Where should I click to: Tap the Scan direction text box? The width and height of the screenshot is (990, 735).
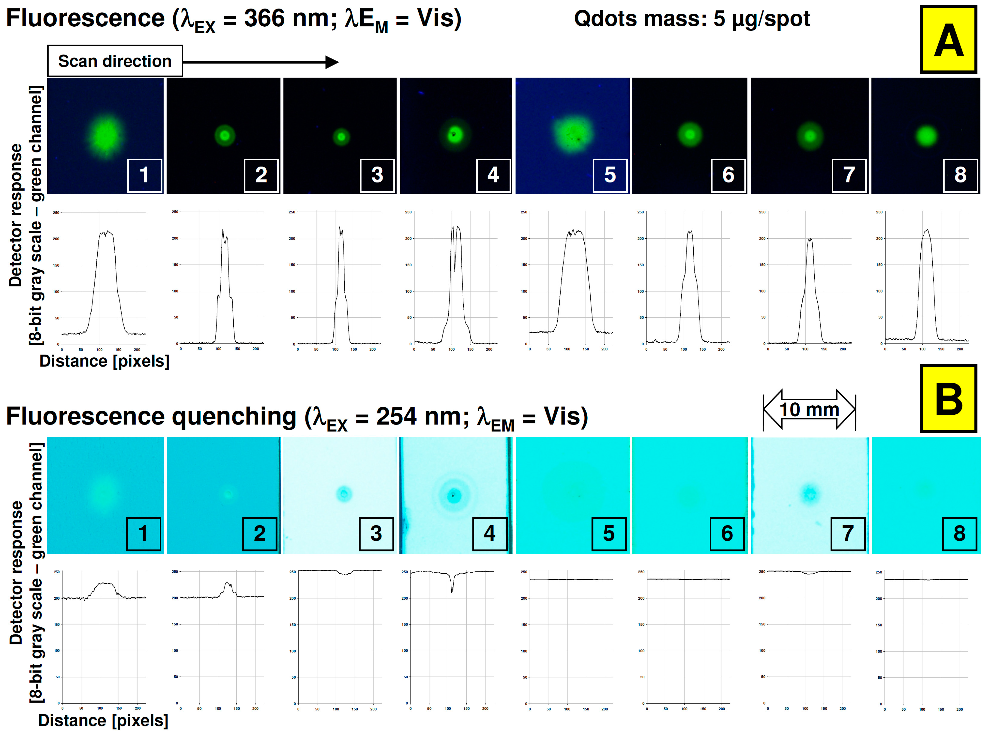pyautogui.click(x=115, y=61)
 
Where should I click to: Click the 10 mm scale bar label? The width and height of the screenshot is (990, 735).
pyautogui.click(x=809, y=409)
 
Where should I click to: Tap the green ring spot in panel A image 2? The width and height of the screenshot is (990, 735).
pyautogui.click(x=225, y=135)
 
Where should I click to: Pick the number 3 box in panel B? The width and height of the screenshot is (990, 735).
pyautogui.click(x=376, y=533)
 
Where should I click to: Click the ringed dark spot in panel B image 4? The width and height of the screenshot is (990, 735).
pyautogui.click(x=454, y=495)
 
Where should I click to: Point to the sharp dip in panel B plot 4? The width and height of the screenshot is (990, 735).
pyautogui.click(x=452, y=589)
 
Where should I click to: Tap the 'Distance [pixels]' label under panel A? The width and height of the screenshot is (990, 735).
pyautogui.click(x=105, y=361)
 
